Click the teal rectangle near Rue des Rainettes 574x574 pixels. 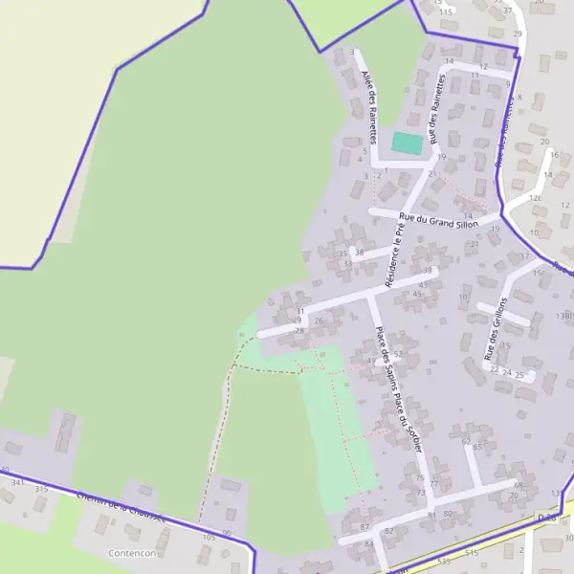click(407, 143)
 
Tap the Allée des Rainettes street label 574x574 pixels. click(369, 105)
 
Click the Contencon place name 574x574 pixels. click(133, 553)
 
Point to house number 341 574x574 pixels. click(17, 483)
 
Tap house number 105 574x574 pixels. click(209, 538)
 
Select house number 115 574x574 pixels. click(446, 11)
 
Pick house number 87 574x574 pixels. click(364, 527)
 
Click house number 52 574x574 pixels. click(397, 354)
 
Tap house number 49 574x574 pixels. click(371, 360)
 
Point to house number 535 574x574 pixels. click(443, 562)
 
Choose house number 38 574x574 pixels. click(360, 253)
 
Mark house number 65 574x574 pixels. click(477, 446)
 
